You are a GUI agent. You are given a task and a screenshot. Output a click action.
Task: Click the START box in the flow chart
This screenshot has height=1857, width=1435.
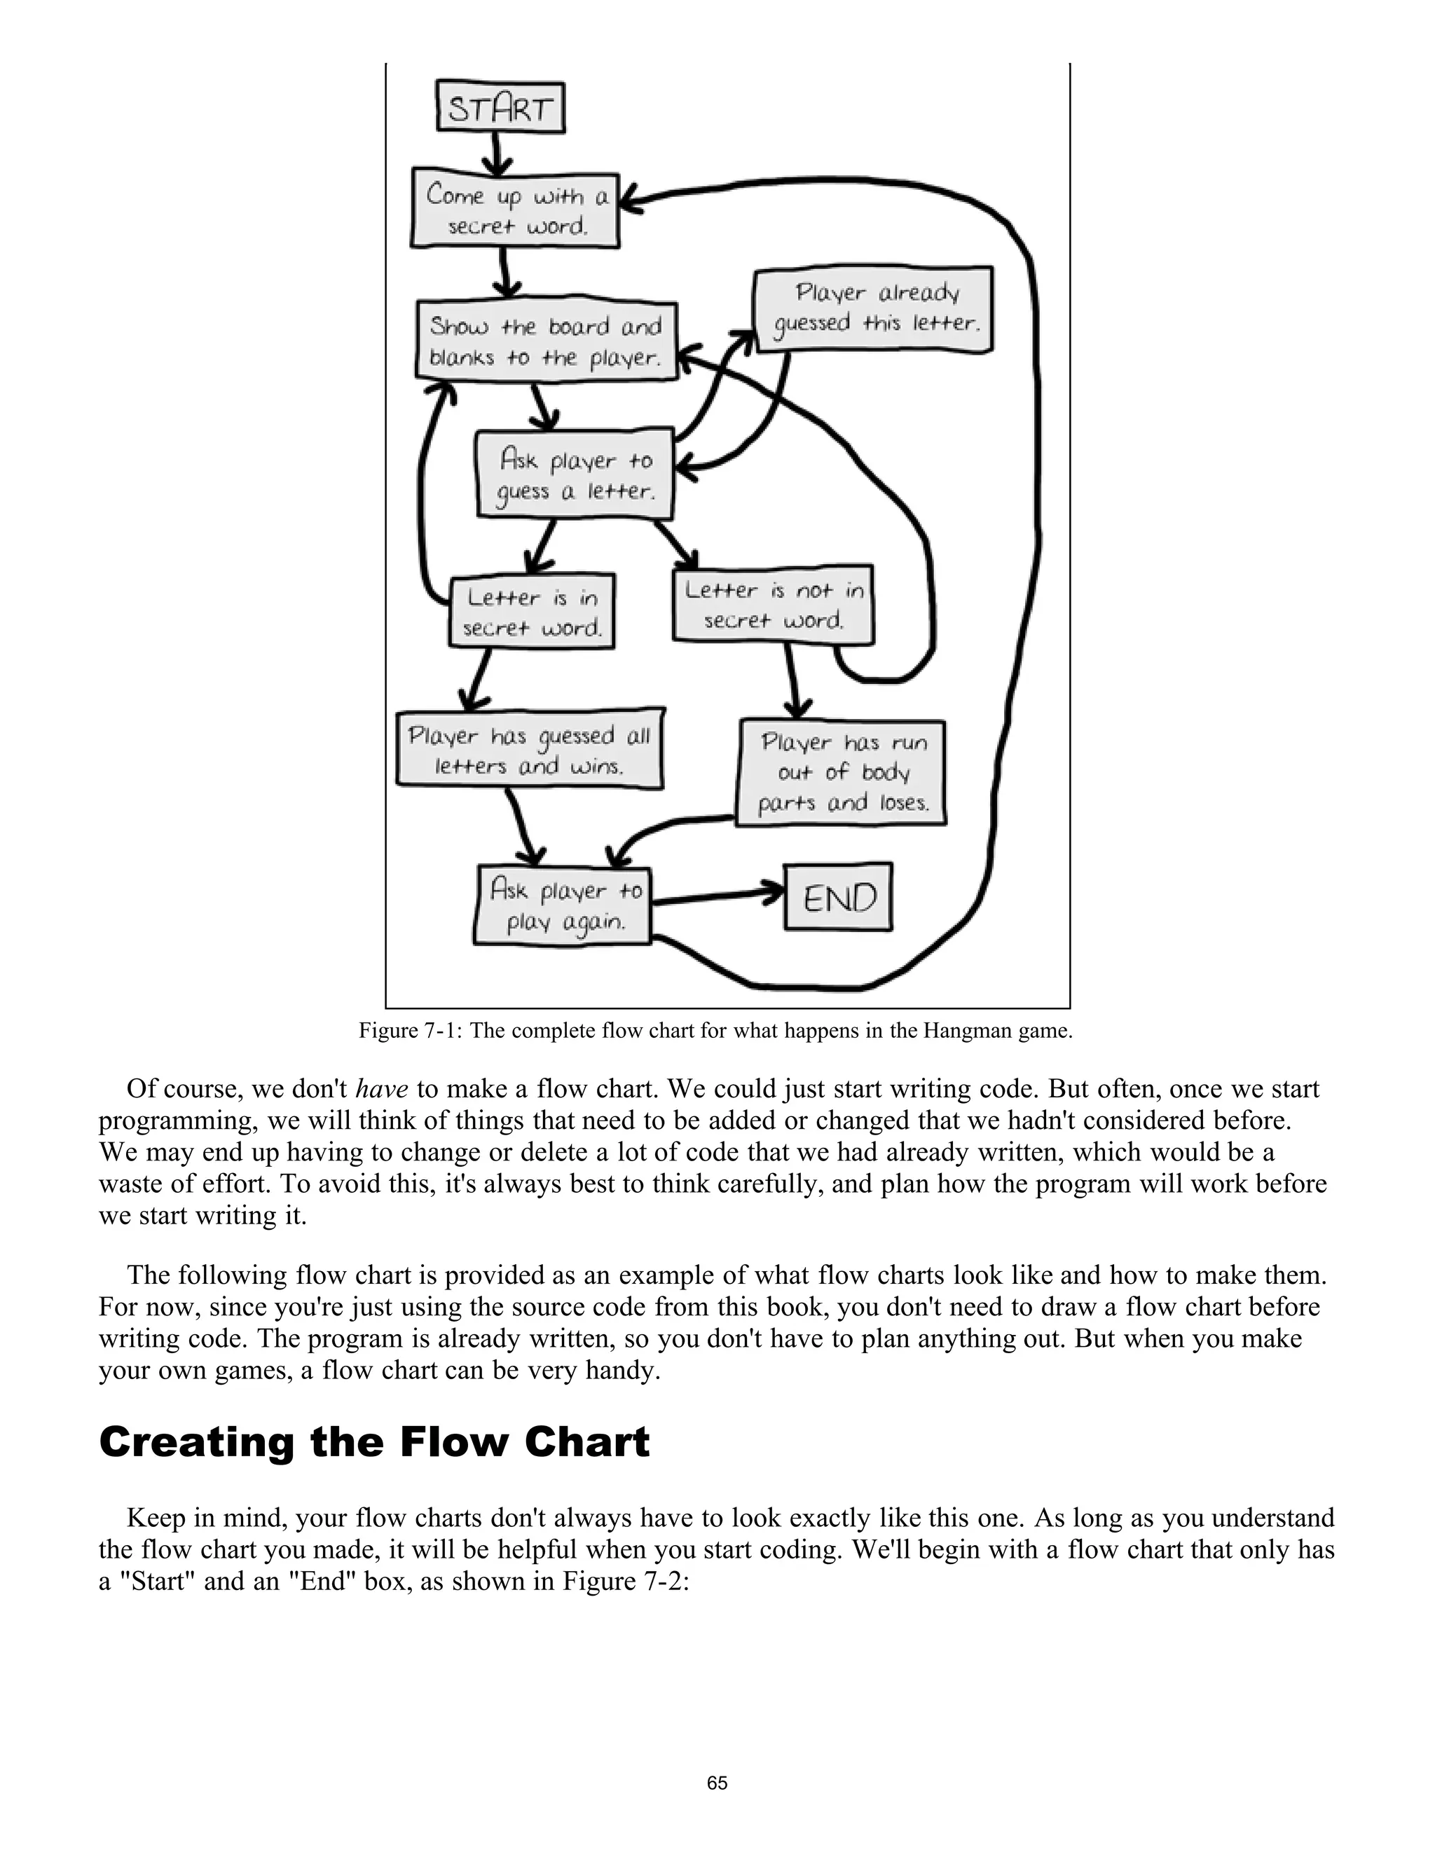point(500,107)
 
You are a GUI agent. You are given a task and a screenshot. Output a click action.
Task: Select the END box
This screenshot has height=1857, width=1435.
point(837,898)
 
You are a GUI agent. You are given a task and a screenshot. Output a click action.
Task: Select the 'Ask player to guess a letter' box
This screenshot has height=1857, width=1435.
point(575,475)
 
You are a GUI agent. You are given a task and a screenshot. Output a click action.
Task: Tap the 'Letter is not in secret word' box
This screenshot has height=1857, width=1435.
point(773,605)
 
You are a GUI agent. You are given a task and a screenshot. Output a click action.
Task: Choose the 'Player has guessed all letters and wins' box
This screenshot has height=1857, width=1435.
point(530,749)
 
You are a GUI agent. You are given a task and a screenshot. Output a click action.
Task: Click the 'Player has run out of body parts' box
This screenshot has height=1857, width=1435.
point(841,773)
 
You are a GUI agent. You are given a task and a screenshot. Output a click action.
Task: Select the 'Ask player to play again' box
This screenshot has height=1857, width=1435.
point(562,905)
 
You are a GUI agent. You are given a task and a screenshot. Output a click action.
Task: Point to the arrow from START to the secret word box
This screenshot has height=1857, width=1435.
point(498,151)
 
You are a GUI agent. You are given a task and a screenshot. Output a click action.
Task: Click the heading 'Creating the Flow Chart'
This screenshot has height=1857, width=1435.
point(374,1442)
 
